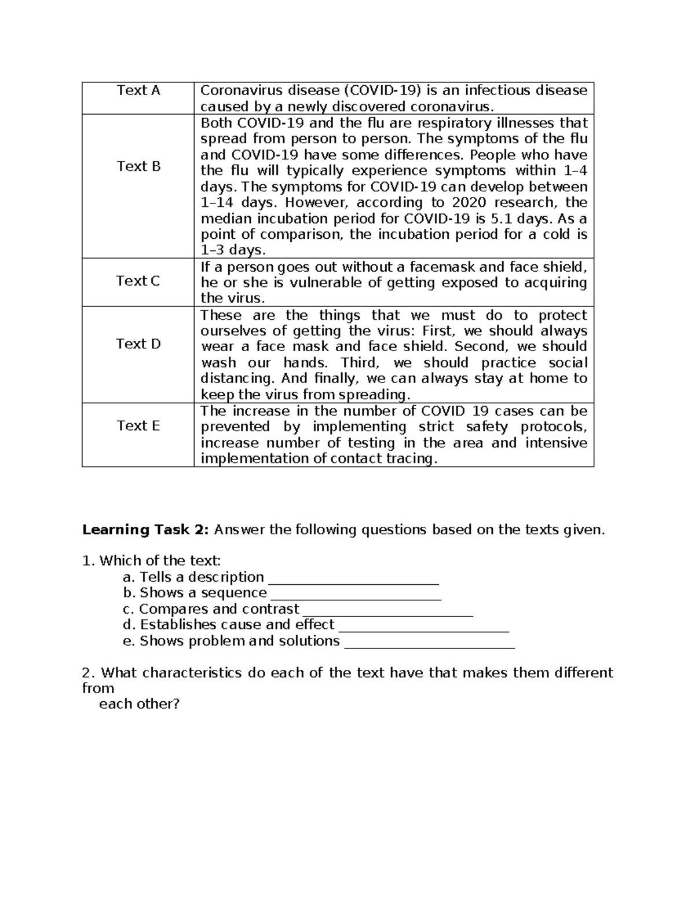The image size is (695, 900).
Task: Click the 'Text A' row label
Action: click(x=138, y=90)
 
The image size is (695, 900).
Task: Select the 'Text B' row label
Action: click(x=138, y=166)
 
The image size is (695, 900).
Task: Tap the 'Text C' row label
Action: click(x=138, y=281)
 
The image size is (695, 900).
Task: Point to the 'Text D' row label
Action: click(x=138, y=344)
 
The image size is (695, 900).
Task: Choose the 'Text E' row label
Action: click(x=138, y=426)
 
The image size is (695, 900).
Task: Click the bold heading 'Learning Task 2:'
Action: click(x=148, y=530)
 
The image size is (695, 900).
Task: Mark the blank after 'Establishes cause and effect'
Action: click(x=423, y=626)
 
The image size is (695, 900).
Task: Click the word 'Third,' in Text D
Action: click(x=360, y=363)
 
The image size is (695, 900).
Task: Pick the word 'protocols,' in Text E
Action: click(x=554, y=427)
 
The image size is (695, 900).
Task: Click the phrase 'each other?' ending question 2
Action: click(x=140, y=705)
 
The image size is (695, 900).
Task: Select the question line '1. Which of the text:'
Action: click(x=152, y=561)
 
